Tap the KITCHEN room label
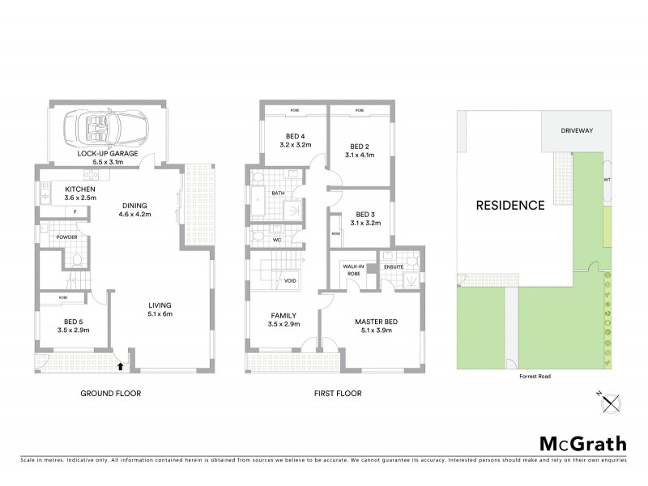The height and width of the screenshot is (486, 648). (x=80, y=190)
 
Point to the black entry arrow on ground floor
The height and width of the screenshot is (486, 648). (x=121, y=366)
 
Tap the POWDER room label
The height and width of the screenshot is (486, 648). (x=66, y=237)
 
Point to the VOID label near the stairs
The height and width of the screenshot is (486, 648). (x=290, y=281)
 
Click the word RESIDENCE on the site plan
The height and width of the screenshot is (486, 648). (x=509, y=205)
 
